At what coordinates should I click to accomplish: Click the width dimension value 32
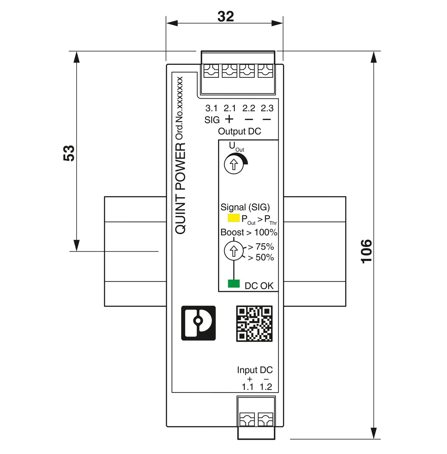tap(225, 17)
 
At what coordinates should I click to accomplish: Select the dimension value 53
tap(69, 153)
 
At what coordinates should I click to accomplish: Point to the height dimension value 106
tap(367, 251)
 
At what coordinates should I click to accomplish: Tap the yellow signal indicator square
tap(234, 218)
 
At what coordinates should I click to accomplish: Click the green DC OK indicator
tap(234, 284)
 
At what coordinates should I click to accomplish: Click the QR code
tap(254, 324)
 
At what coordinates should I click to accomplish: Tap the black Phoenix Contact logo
tap(198, 323)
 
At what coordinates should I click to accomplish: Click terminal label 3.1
tap(211, 108)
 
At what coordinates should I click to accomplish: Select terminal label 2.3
tap(267, 108)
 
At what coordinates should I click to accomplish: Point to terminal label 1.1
tap(248, 387)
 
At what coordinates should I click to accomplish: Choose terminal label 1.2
tap(266, 387)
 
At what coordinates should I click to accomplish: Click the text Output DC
tap(239, 131)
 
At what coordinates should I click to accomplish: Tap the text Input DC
tap(255, 370)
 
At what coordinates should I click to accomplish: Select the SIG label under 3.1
tap(212, 120)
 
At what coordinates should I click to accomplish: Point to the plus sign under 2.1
tap(229, 119)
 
